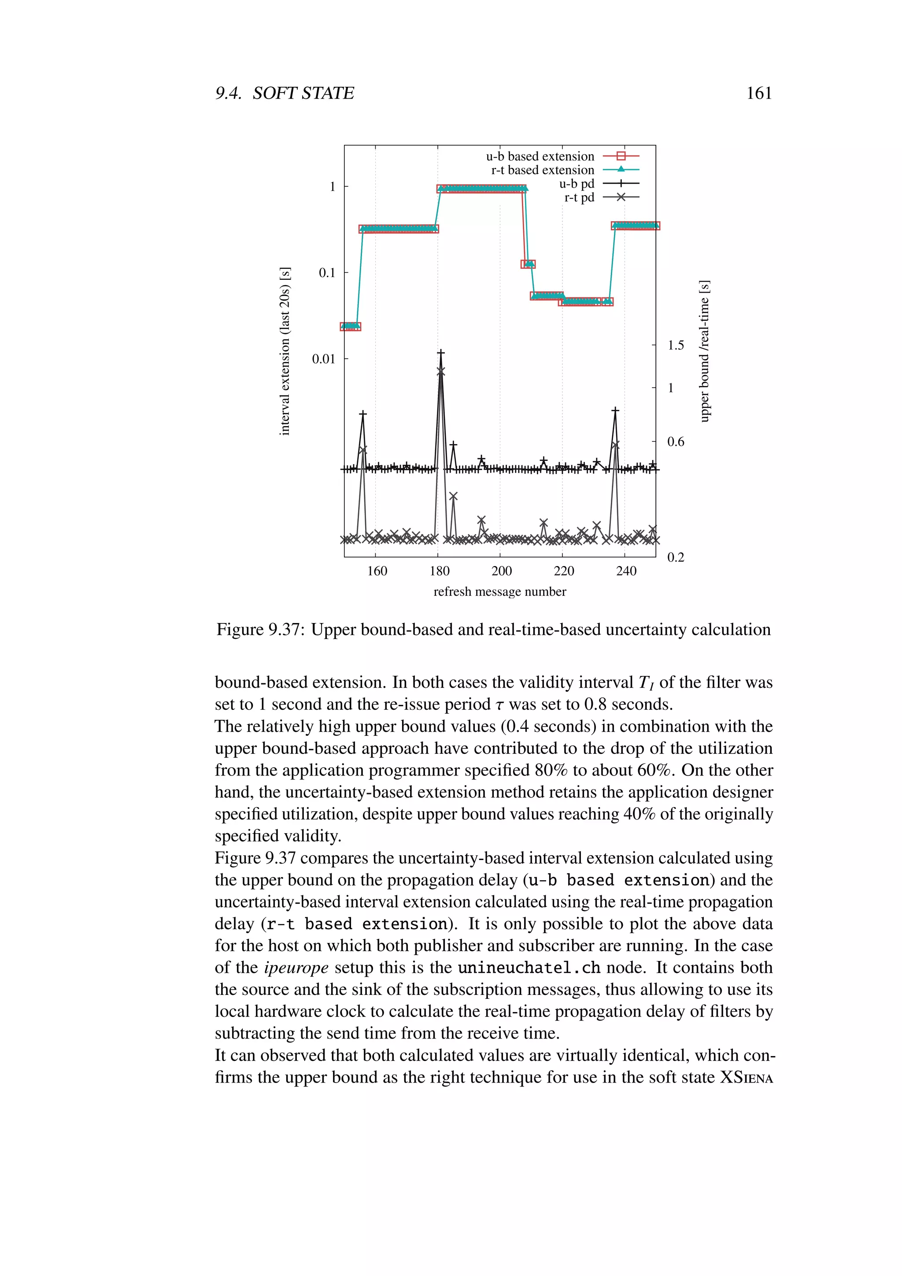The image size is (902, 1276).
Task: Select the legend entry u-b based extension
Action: (540, 156)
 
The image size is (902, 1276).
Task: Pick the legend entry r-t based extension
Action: (542, 170)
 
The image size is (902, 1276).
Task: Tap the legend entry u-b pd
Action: (577, 184)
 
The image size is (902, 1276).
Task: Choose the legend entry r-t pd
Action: (579, 197)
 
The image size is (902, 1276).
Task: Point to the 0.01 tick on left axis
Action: (324, 359)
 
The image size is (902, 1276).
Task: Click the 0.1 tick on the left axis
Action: (327, 273)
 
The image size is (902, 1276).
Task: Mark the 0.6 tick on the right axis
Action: (675, 442)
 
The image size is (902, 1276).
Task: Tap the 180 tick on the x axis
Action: (440, 571)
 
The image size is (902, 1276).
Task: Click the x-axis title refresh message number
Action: (499, 591)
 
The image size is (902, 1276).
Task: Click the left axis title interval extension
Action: (285, 351)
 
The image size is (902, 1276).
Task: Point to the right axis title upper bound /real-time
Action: (704, 351)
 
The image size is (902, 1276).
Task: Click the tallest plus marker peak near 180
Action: (440, 353)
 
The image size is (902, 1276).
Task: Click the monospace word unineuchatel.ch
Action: (529, 968)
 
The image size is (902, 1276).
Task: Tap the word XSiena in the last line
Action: (746, 1077)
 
